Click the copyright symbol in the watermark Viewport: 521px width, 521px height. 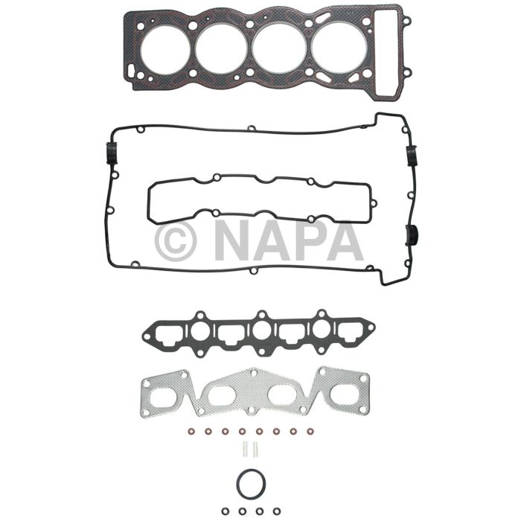click(x=176, y=240)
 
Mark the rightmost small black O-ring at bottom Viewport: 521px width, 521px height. click(x=276, y=511)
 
